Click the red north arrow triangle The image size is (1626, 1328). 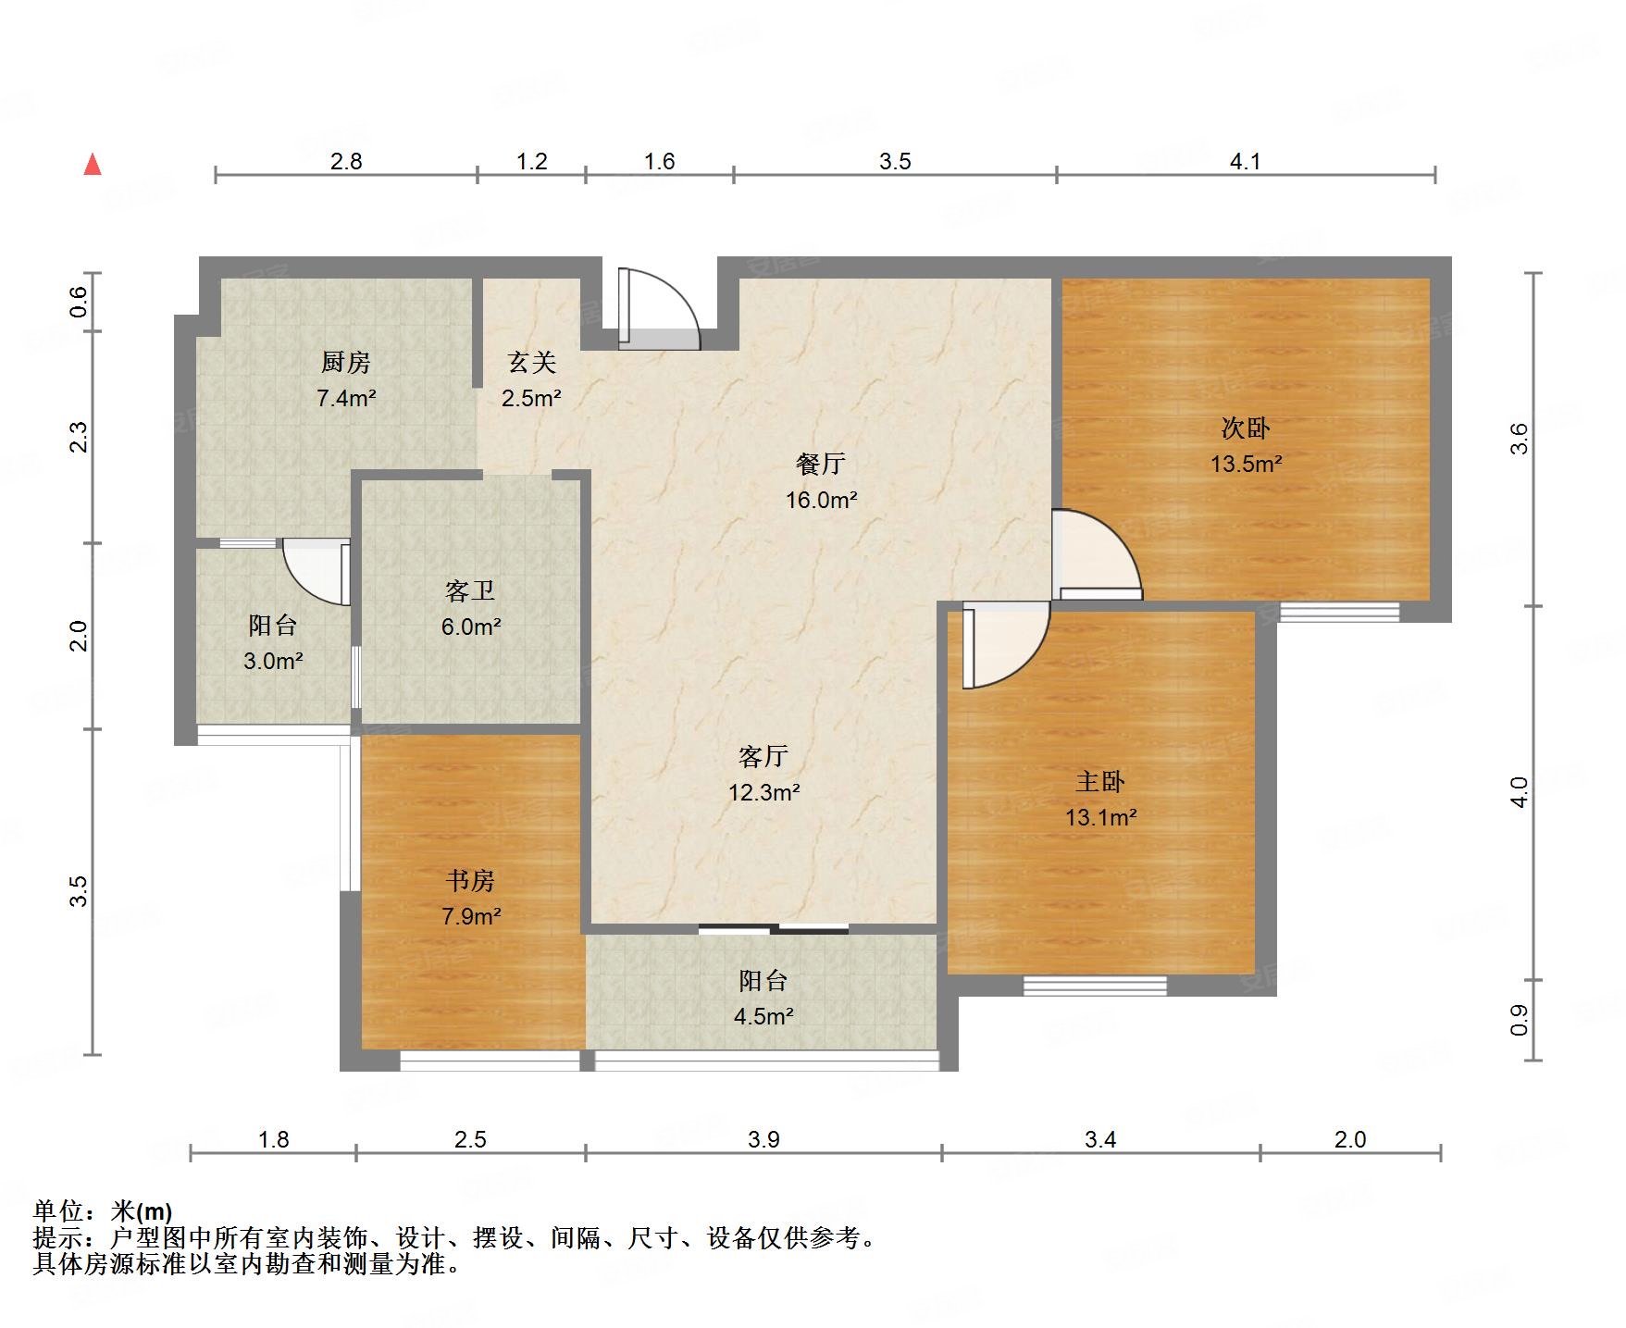(93, 165)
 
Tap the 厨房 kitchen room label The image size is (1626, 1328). (345, 362)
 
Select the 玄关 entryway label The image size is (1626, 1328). (531, 362)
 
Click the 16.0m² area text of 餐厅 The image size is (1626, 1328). (821, 501)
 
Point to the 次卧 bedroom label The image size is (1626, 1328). (1246, 428)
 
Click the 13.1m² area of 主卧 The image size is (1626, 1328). (1100, 817)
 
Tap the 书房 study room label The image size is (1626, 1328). (470, 880)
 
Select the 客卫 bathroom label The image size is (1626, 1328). (470, 590)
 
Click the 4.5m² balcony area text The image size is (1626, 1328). (763, 1016)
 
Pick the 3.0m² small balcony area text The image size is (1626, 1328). (273, 661)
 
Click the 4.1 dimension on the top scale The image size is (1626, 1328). (1246, 162)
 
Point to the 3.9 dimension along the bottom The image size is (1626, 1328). (763, 1139)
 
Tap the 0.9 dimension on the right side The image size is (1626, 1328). (1519, 1020)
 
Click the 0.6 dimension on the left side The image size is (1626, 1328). (80, 302)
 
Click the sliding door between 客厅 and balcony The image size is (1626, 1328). (774, 928)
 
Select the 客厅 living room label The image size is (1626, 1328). (763, 756)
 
